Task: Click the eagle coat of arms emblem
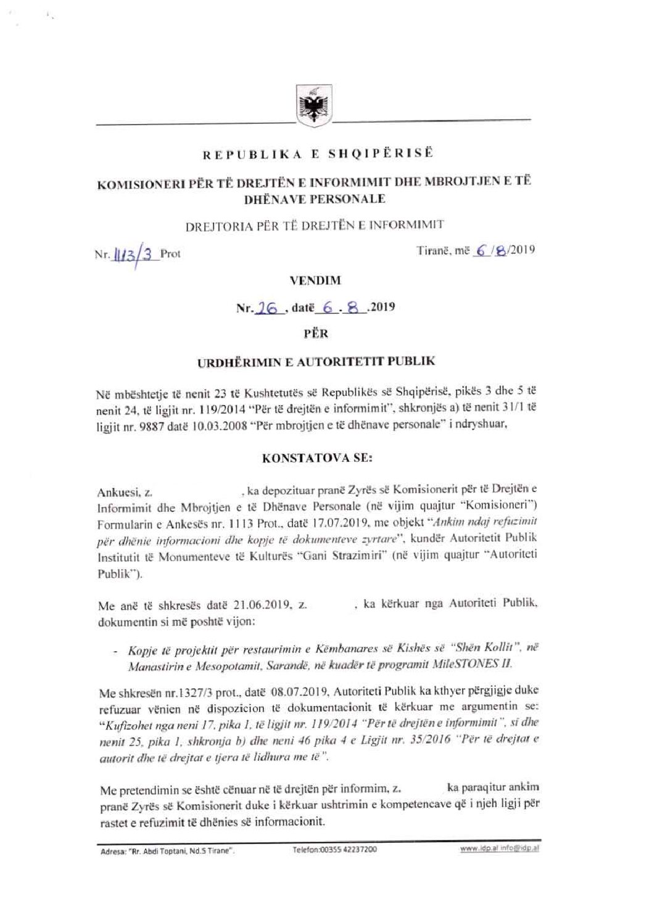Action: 312,106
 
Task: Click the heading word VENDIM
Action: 315,281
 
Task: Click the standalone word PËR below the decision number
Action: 316,334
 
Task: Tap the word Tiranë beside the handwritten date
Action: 434,250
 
